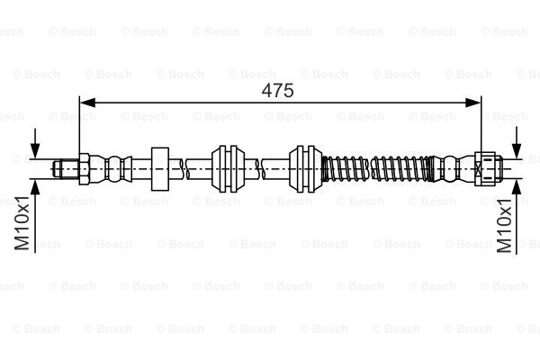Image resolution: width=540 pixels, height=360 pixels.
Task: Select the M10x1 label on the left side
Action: click(x=23, y=226)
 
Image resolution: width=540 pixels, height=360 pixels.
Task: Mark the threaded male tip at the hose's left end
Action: click(x=66, y=167)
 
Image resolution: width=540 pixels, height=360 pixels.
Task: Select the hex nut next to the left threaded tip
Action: click(x=82, y=167)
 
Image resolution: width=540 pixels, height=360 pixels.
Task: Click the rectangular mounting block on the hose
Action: click(x=161, y=167)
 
